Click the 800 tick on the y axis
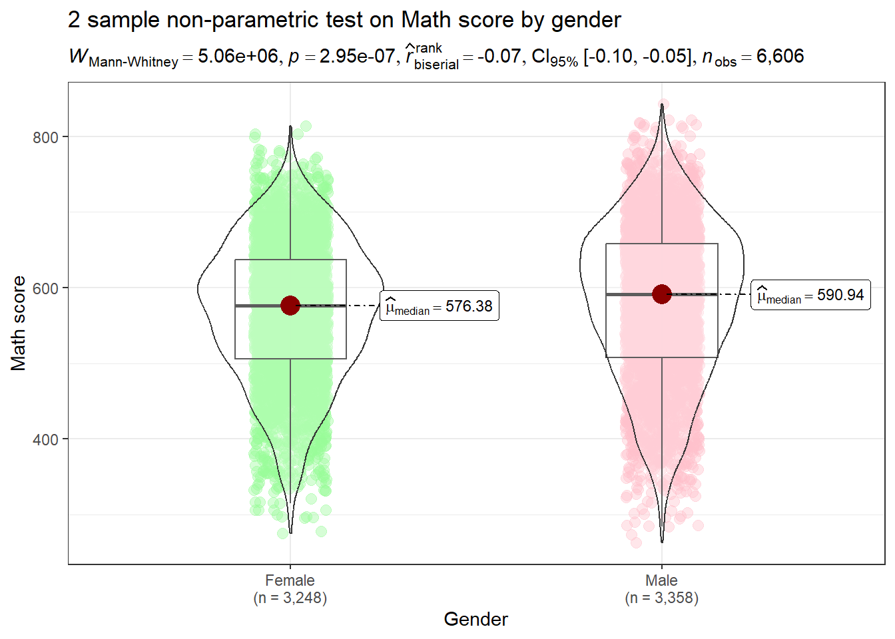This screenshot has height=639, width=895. (x=45, y=137)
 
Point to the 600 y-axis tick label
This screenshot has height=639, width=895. (x=45, y=288)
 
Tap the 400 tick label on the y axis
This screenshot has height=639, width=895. (x=45, y=439)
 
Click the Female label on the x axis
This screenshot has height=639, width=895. (x=290, y=580)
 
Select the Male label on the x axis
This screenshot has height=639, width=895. (x=661, y=580)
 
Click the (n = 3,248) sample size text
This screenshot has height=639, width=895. (x=290, y=598)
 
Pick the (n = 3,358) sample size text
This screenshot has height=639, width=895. (x=661, y=598)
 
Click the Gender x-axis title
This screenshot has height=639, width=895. (x=475, y=619)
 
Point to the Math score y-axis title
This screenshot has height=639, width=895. (x=18, y=323)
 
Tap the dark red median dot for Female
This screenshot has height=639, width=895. (x=290, y=306)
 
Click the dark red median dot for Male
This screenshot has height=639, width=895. (x=661, y=294)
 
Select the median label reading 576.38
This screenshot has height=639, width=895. (x=440, y=306)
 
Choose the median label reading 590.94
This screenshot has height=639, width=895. (x=810, y=295)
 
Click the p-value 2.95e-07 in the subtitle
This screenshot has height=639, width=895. (x=357, y=57)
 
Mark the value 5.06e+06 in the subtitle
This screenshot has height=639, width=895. (x=238, y=57)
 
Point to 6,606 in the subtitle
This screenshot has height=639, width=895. (x=780, y=57)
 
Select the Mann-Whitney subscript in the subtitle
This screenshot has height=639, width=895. (x=133, y=63)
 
